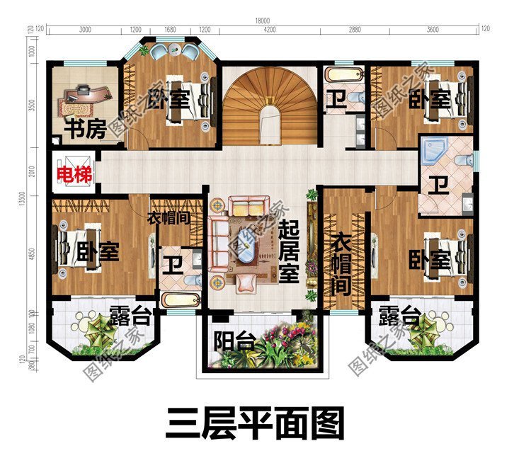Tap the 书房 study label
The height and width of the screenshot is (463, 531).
click(x=86, y=130)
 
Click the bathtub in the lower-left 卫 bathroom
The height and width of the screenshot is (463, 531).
click(x=181, y=300)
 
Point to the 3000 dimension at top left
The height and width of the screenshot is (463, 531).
click(x=85, y=30)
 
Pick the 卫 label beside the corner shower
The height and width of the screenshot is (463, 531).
click(x=440, y=185)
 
